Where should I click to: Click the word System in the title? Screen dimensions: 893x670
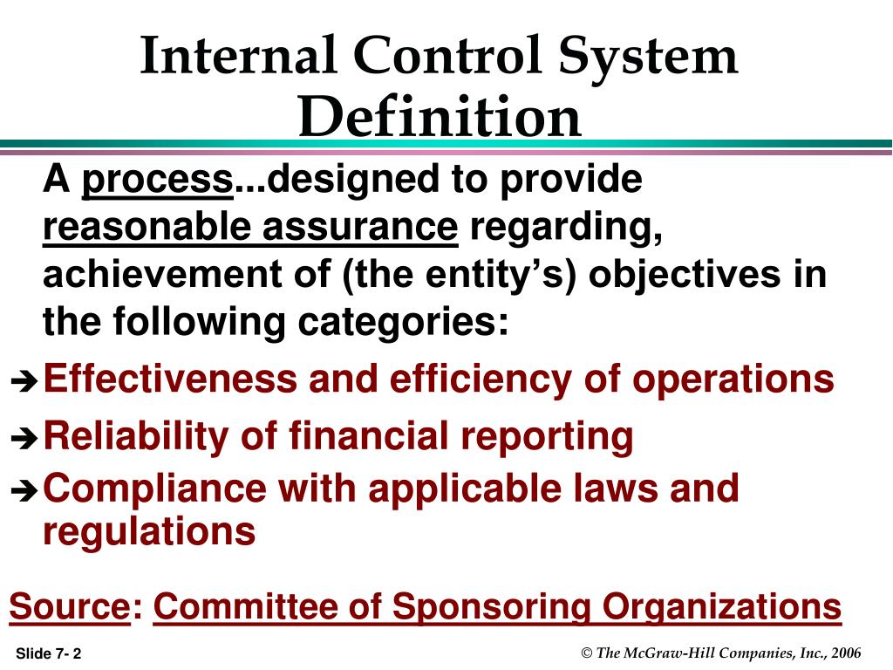click(648, 57)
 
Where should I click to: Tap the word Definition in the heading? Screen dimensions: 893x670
click(440, 116)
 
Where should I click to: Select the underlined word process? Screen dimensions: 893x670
click(158, 181)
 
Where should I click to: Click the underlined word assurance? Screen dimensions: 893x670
click(360, 227)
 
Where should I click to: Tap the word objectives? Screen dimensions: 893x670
click(684, 276)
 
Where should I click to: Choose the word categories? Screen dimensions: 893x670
click(403, 323)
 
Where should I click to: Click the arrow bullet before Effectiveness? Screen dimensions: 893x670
click(24, 381)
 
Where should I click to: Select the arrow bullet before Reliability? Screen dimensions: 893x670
click(24, 438)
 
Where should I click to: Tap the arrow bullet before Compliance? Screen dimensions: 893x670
click(24, 491)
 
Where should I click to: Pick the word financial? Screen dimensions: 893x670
click(369, 436)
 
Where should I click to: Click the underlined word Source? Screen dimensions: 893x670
click(71, 605)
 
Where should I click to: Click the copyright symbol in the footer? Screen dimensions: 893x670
click(587, 653)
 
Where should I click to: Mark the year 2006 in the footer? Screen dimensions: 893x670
click(846, 653)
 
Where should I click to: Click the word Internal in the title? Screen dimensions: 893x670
click(238, 56)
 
